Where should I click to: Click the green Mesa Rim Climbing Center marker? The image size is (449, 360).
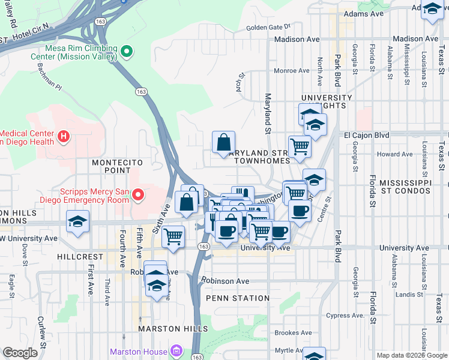(127, 52)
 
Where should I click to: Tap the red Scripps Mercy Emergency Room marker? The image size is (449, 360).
(139, 194)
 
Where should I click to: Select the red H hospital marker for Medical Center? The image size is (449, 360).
(64, 137)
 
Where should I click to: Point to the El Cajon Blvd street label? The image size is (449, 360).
(366, 136)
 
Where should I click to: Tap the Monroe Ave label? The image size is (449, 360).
(291, 71)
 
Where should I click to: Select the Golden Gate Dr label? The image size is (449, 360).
(268, 27)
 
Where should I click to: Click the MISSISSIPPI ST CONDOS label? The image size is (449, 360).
(405, 187)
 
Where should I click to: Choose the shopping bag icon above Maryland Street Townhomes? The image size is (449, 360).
(223, 143)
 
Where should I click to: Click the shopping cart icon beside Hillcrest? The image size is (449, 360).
(173, 236)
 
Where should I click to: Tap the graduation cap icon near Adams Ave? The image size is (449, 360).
(432, 10)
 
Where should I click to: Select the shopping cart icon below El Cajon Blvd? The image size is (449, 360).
(299, 145)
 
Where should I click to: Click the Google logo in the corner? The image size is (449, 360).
(20, 353)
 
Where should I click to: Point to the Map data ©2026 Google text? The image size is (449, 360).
(412, 355)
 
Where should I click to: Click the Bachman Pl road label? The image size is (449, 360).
(49, 76)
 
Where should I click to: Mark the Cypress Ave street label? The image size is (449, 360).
(345, 316)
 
